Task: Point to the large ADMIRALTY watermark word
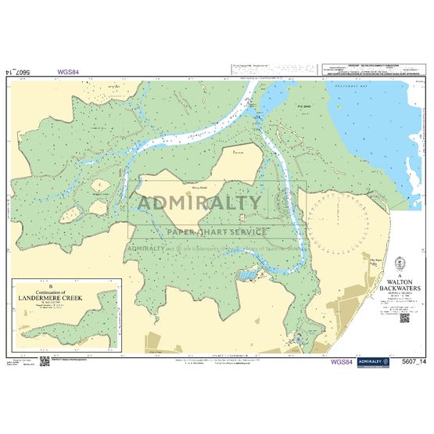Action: (x=200, y=203)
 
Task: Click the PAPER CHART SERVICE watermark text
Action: (x=217, y=231)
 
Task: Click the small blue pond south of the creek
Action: (x=248, y=276)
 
